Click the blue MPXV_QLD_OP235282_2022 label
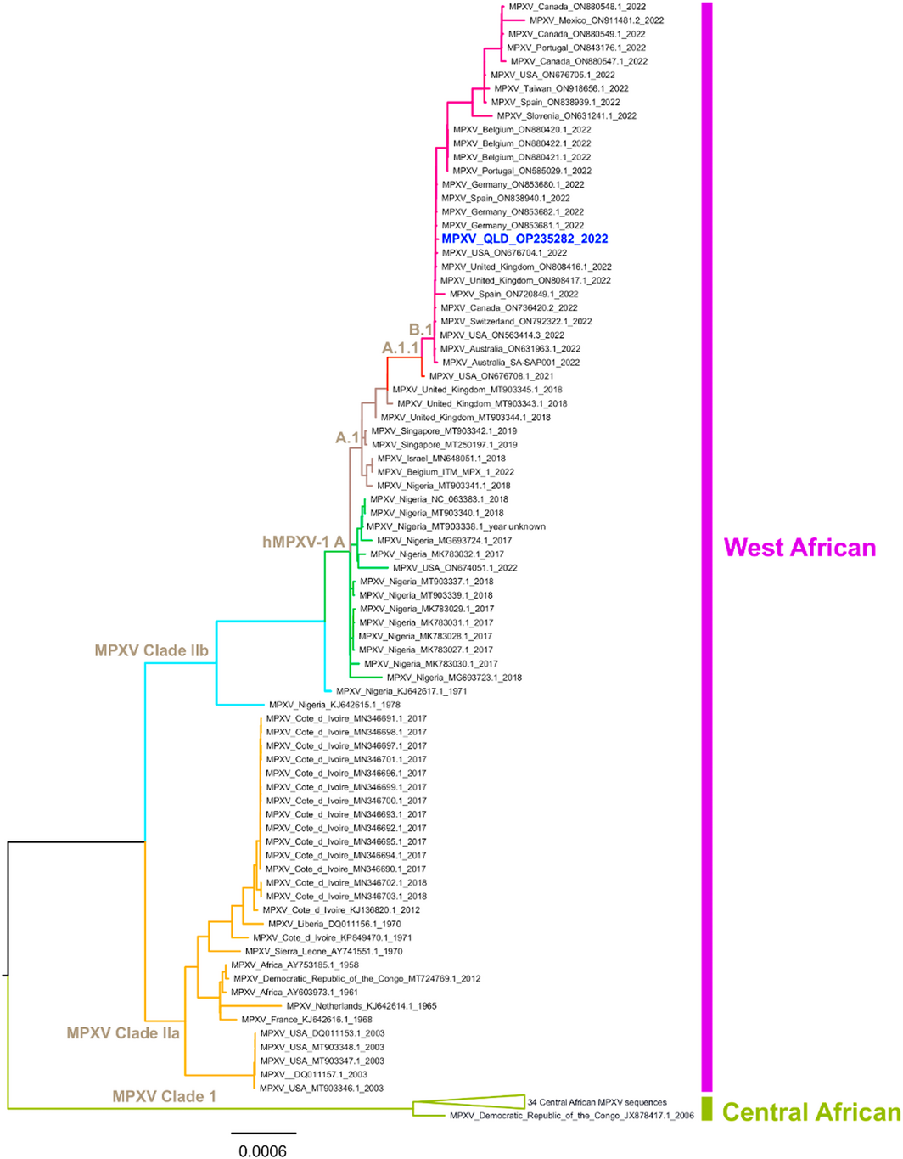pos(524,239)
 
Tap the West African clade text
pos(799,548)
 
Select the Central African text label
pos(811,1112)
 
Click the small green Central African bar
pos(707,1109)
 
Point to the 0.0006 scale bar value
pos(262,1151)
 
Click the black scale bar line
pos(263,1133)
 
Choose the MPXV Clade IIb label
pos(152,651)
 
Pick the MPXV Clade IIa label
pos(123,1033)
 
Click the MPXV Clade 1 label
pos(164,1096)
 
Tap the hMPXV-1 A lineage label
pos(303,542)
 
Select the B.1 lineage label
pos(421,329)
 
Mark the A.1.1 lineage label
pos(400,348)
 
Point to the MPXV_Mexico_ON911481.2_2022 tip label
pos(597,20)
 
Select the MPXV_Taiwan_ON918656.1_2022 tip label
pos(561,88)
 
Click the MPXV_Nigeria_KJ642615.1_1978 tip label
pos(334,705)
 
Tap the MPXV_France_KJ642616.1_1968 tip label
pos(306,1020)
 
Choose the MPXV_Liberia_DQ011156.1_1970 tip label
pos(334,924)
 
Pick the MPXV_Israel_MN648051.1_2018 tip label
pos(441,459)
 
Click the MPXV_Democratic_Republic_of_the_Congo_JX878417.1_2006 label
pos(571,1116)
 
